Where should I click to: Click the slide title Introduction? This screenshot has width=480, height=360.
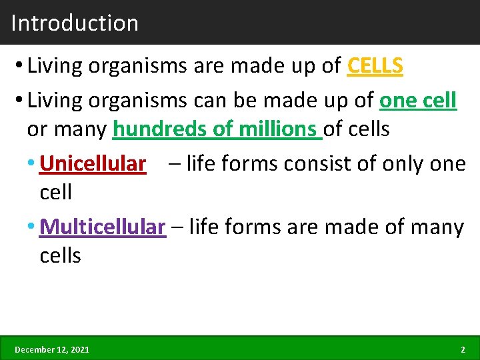pos(75,23)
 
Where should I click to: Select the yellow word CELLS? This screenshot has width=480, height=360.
pos(375,66)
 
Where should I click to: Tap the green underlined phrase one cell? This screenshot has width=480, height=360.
pos(418,101)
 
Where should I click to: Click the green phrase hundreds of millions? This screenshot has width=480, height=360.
pos(217,129)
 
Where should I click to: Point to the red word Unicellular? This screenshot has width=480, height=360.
pos(93,163)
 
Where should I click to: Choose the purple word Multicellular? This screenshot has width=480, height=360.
pos(102,227)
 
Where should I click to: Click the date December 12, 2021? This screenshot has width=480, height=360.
pos(52,349)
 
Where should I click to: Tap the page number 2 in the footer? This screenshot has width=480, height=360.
pos(463,349)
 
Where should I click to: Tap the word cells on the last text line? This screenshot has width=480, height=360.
pos(60,255)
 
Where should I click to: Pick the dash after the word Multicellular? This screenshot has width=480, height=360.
pos(177,228)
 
